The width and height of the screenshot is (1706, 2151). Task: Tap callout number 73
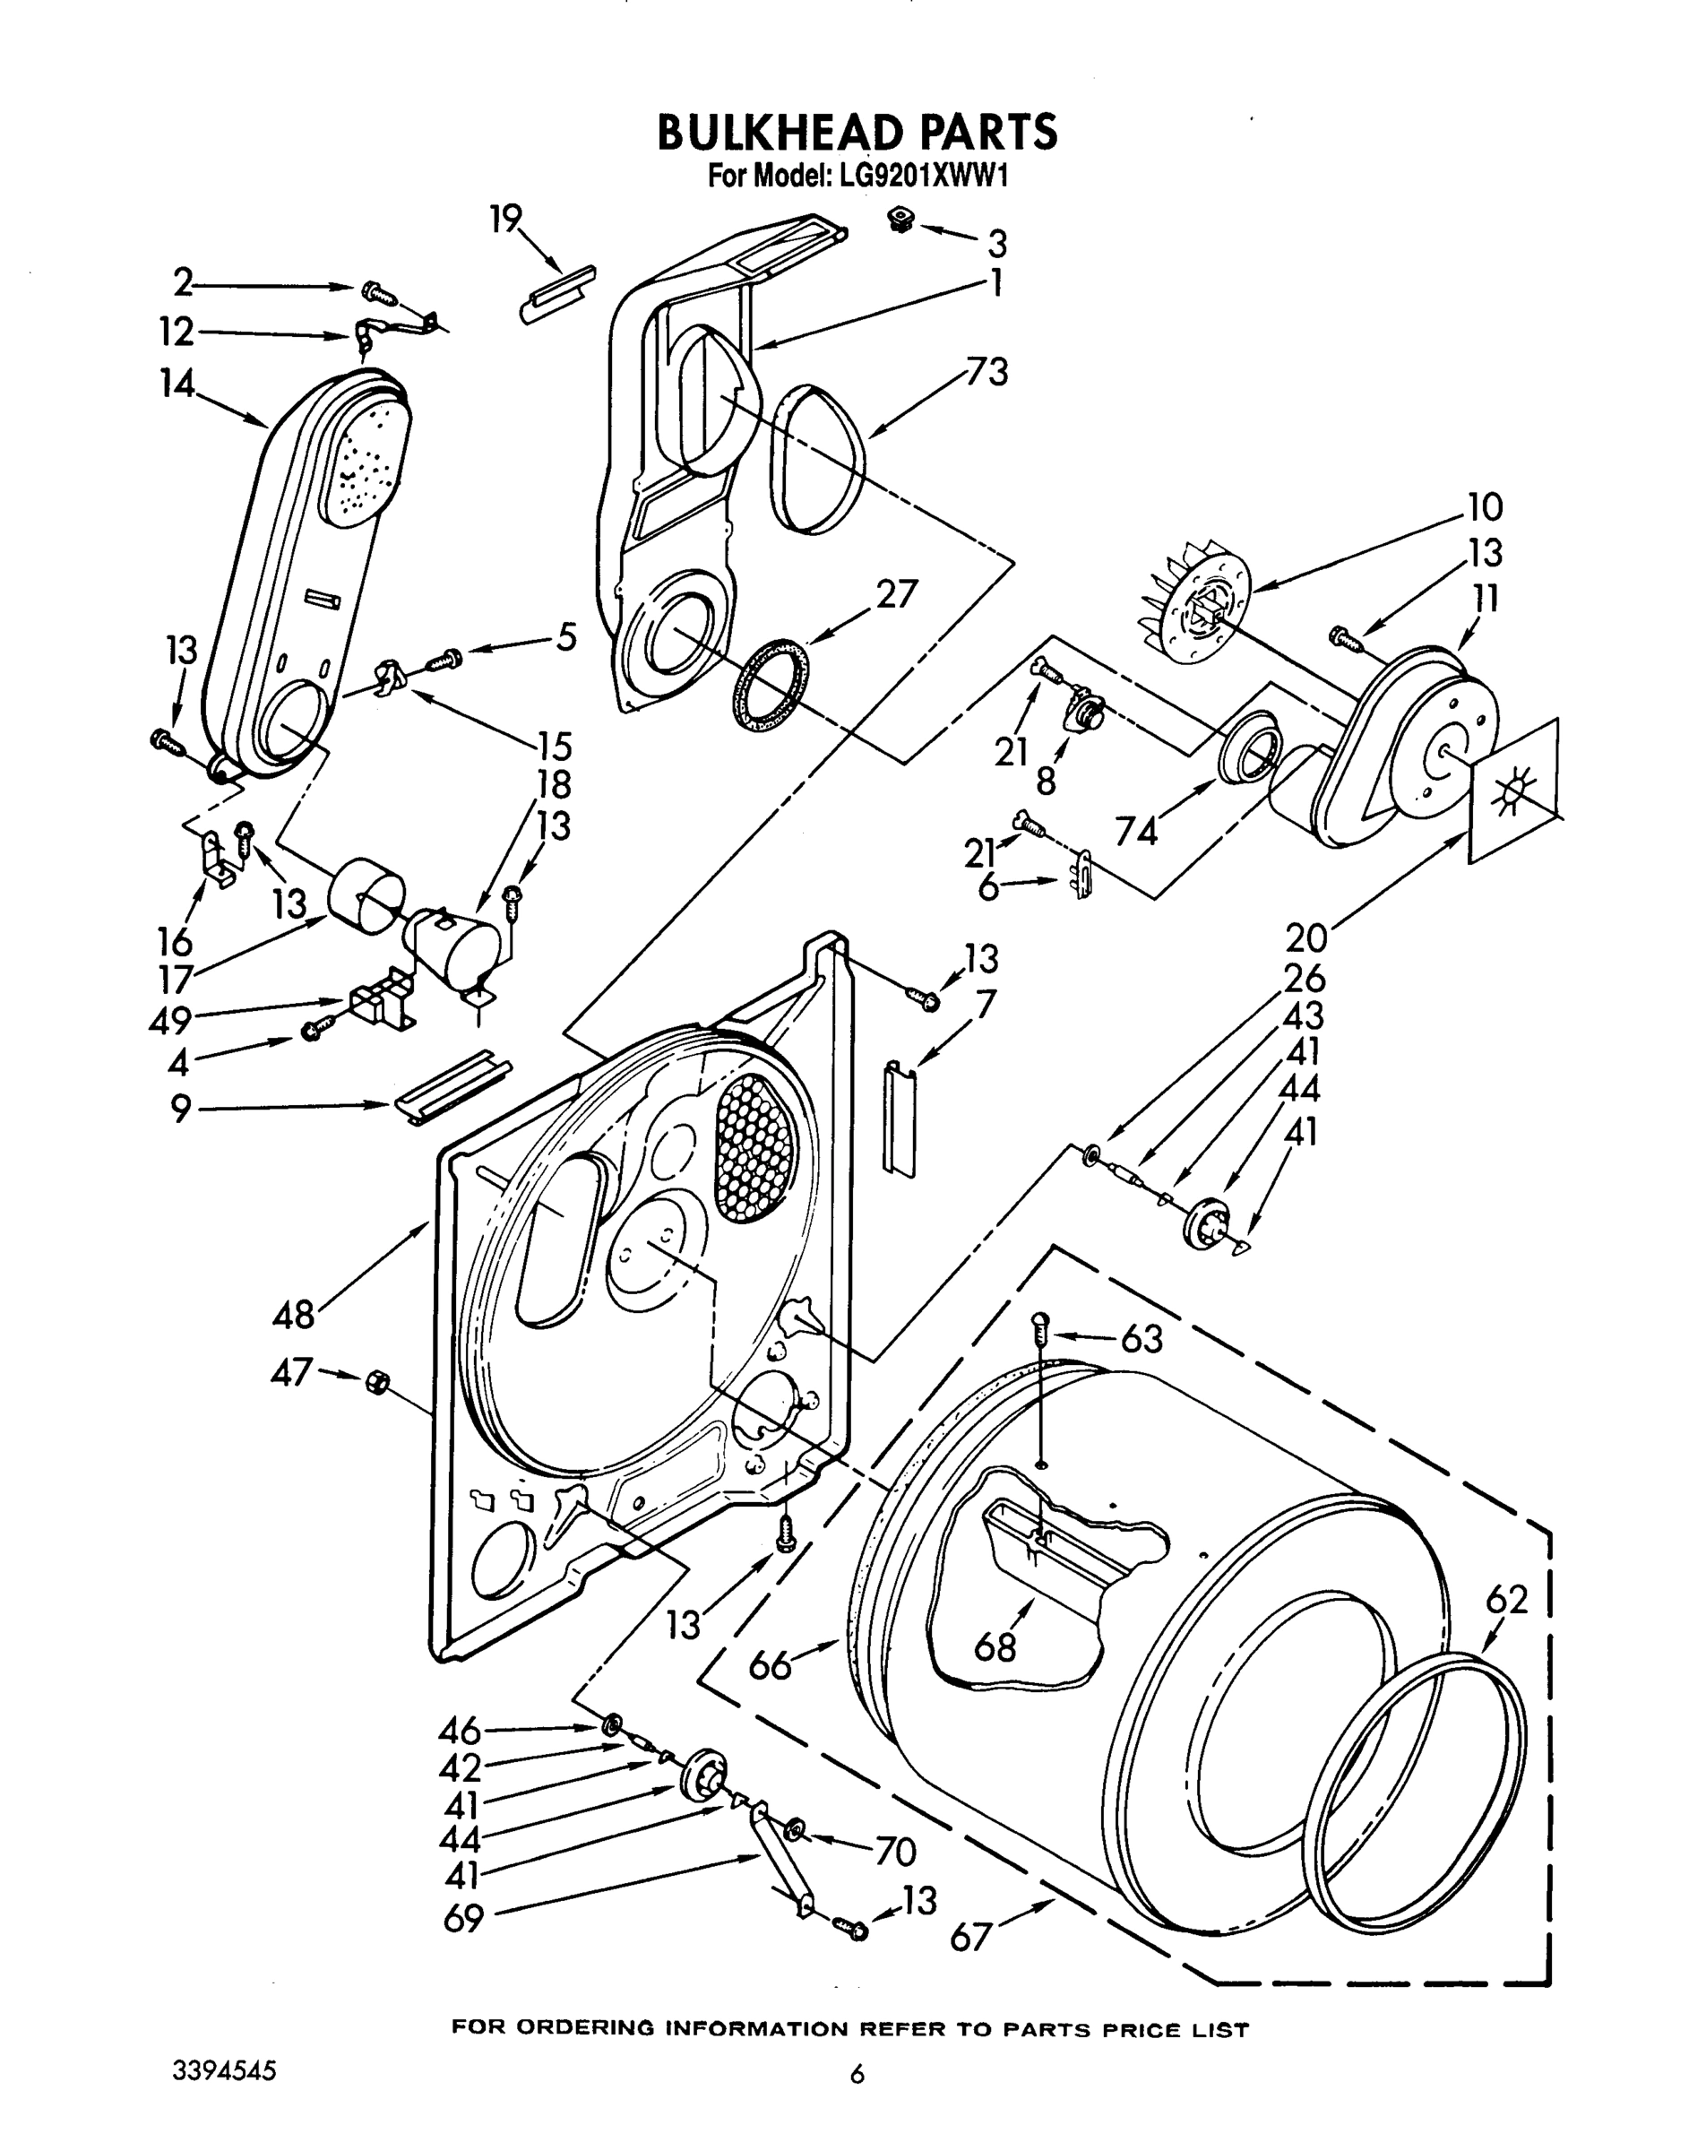(x=986, y=372)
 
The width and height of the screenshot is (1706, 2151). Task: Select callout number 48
(x=293, y=1314)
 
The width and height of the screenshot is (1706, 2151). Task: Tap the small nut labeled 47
(x=377, y=1382)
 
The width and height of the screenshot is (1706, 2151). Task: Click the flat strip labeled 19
(x=556, y=294)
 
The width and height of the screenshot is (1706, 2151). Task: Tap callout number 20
(x=1306, y=937)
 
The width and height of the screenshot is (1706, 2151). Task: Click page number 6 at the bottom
(x=855, y=2074)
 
